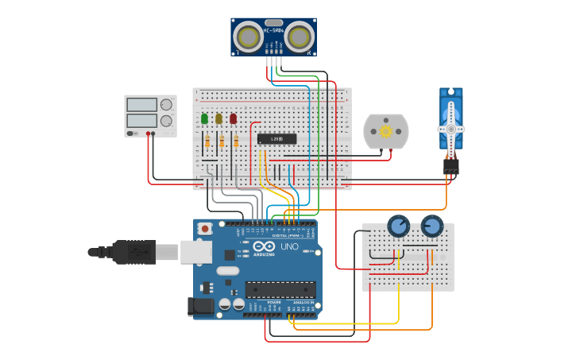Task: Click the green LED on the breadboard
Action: pyautogui.click(x=204, y=118)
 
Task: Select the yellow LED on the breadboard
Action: pyautogui.click(x=218, y=118)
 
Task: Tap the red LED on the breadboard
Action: pyautogui.click(x=233, y=118)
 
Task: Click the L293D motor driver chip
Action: pyautogui.click(x=276, y=139)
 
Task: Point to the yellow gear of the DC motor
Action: pyautogui.click(x=386, y=131)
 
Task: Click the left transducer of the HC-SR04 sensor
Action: pyautogui.click(x=249, y=37)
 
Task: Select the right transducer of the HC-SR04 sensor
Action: pyautogui.click(x=298, y=37)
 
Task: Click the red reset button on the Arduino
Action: pyautogui.click(x=205, y=229)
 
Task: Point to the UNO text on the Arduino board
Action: pyautogui.click(x=289, y=246)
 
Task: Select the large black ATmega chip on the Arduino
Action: pyautogui.click(x=280, y=289)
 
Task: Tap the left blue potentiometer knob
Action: pyautogui.click(x=398, y=227)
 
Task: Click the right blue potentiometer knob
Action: pyautogui.click(x=431, y=227)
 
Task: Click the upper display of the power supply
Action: pyautogui.click(x=141, y=104)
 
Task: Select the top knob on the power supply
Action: pyautogui.click(x=166, y=104)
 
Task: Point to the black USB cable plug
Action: pyautogui.click(x=132, y=252)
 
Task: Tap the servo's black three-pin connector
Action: pyautogui.click(x=451, y=167)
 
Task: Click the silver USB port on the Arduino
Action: pyautogui.click(x=194, y=252)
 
